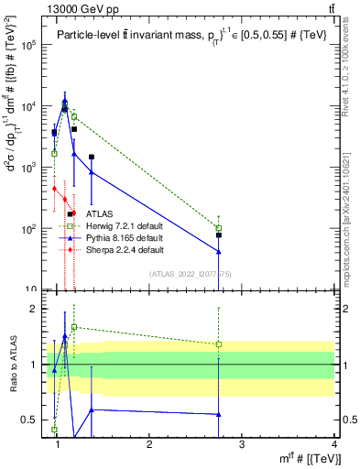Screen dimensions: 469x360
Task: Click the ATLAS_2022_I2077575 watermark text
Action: point(190,273)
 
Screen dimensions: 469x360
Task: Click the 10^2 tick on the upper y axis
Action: point(27,229)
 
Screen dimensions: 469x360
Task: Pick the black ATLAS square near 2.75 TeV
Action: point(219,235)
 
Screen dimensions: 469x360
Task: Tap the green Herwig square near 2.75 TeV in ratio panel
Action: point(219,344)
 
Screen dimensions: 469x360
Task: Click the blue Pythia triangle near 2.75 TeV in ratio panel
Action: point(219,414)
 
